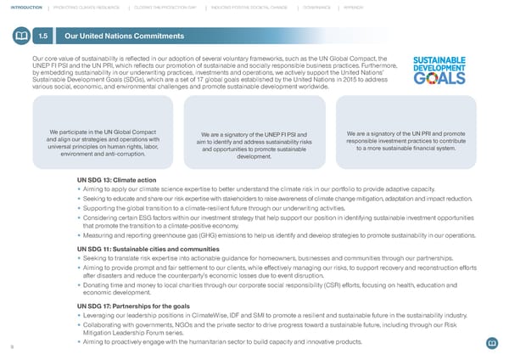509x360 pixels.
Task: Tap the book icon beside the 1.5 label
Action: tap(20, 36)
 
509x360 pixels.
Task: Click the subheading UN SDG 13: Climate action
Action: tap(115, 179)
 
